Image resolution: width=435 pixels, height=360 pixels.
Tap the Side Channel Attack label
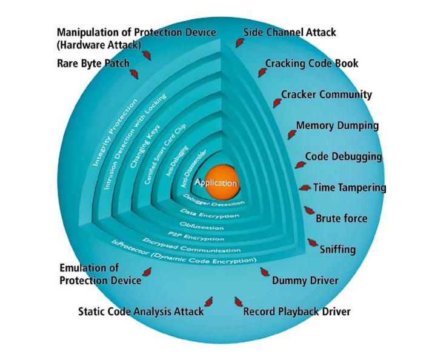290,32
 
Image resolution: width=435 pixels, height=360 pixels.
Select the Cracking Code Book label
311,63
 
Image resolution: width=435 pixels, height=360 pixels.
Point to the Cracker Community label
327,95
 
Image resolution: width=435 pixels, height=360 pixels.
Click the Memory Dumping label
337,126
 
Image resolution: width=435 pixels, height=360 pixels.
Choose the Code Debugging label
343,156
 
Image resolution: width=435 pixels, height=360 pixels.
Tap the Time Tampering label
349,188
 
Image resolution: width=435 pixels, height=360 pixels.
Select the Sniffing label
338,249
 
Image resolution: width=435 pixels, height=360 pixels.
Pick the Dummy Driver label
305,281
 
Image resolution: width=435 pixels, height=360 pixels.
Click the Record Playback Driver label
296,312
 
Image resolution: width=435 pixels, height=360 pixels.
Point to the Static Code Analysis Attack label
141,312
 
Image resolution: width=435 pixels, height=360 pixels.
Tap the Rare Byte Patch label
93,62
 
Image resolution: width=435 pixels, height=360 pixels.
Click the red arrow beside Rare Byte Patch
133,74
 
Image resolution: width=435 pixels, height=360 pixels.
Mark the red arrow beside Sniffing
313,243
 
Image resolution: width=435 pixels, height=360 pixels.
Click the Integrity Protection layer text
110,139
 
